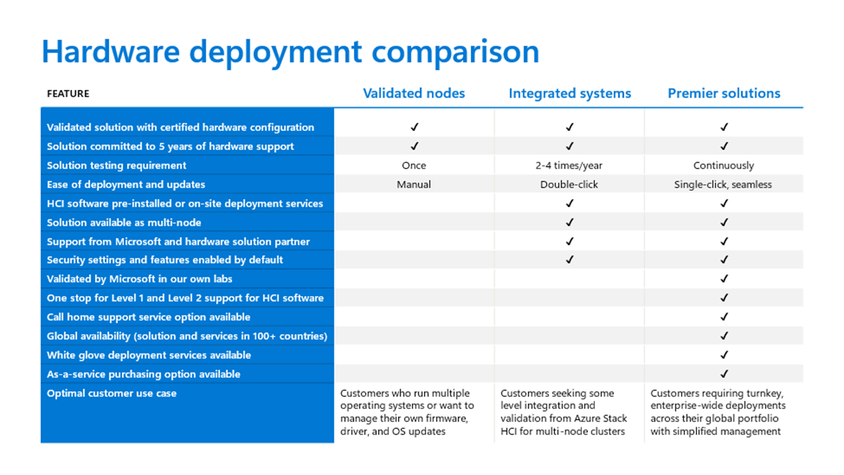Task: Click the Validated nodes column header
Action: pyautogui.click(x=414, y=94)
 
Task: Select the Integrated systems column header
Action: pyautogui.click(x=570, y=94)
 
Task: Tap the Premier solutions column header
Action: pyautogui.click(x=724, y=94)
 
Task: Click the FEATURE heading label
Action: pyautogui.click(x=68, y=94)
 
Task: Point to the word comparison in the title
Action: pyautogui.click(x=456, y=52)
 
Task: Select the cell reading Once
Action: pyautogui.click(x=414, y=166)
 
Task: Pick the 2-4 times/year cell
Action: pyautogui.click(x=569, y=166)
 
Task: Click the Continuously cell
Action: pyautogui.click(x=723, y=166)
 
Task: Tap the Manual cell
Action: pyautogui.click(x=414, y=184)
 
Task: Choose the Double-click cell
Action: pyautogui.click(x=569, y=184)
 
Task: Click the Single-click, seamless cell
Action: pyautogui.click(x=723, y=184)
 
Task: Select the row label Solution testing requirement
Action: pyautogui.click(x=116, y=166)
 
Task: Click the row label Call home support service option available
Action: pyautogui.click(x=148, y=317)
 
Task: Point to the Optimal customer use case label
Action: pyautogui.click(x=111, y=394)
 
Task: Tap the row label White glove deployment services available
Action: pyautogui.click(x=149, y=355)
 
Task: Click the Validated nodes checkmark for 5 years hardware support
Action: pyautogui.click(x=414, y=146)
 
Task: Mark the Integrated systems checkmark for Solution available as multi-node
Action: pyautogui.click(x=570, y=222)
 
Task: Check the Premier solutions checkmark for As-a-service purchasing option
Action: pyautogui.click(x=724, y=374)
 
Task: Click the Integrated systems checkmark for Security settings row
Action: pyautogui.click(x=570, y=260)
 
